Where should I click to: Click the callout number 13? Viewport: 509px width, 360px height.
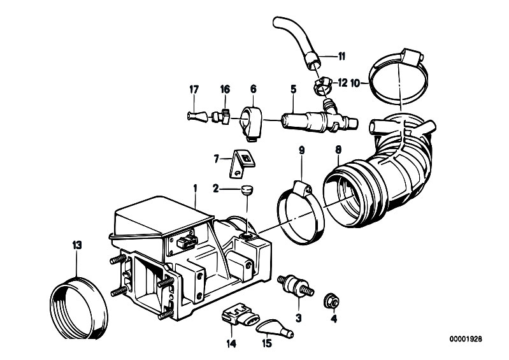point(77,245)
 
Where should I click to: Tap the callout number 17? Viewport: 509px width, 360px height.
point(194,89)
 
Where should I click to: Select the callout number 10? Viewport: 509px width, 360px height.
point(355,83)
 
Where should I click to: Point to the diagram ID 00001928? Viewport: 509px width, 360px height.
point(466,339)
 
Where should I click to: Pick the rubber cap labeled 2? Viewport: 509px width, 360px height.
point(247,190)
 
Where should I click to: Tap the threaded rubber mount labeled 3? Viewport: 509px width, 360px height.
point(296,285)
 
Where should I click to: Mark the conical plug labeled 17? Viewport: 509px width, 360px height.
point(197,116)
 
